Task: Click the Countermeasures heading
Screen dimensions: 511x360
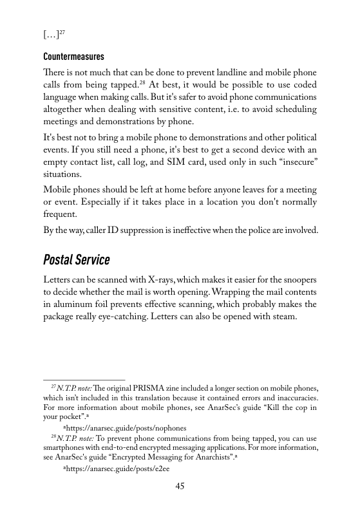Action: click(x=73, y=56)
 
